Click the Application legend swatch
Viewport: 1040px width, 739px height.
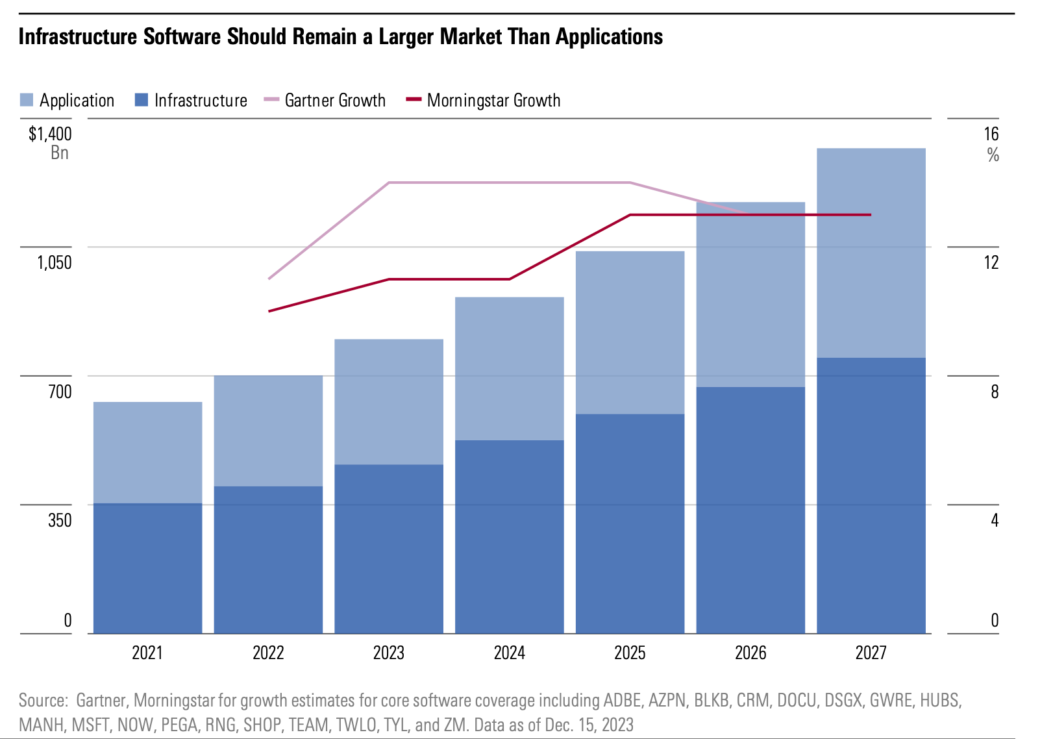27,100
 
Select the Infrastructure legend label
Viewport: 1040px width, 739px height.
201,100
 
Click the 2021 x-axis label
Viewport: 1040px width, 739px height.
147,653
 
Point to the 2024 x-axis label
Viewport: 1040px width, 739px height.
509,653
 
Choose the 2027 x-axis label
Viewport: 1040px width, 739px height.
871,653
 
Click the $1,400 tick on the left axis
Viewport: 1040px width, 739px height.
50,134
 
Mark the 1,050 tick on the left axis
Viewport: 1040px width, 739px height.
54,262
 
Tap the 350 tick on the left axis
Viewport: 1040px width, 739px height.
60,520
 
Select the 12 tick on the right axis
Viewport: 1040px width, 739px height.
991,262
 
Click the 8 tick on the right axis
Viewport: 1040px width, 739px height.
995,392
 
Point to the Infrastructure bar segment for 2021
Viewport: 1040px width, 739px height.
147,568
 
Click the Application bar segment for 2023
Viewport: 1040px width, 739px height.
389,401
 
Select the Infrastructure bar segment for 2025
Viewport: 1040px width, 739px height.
630,523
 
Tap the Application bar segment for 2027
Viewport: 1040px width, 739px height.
871,253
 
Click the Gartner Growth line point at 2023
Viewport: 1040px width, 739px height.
389,182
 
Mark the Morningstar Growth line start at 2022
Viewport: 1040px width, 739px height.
269,311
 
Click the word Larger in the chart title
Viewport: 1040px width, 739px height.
407,36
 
